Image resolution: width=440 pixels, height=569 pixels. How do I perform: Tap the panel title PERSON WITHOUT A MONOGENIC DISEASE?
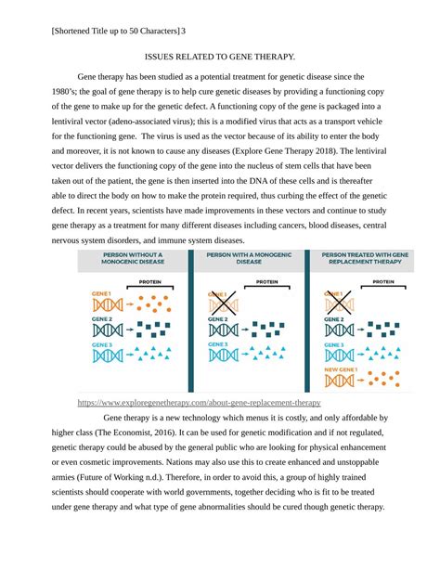[x=132, y=258]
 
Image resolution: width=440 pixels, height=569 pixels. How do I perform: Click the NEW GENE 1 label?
[x=340, y=369]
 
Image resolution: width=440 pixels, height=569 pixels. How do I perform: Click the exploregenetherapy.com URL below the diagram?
[x=225, y=403]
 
